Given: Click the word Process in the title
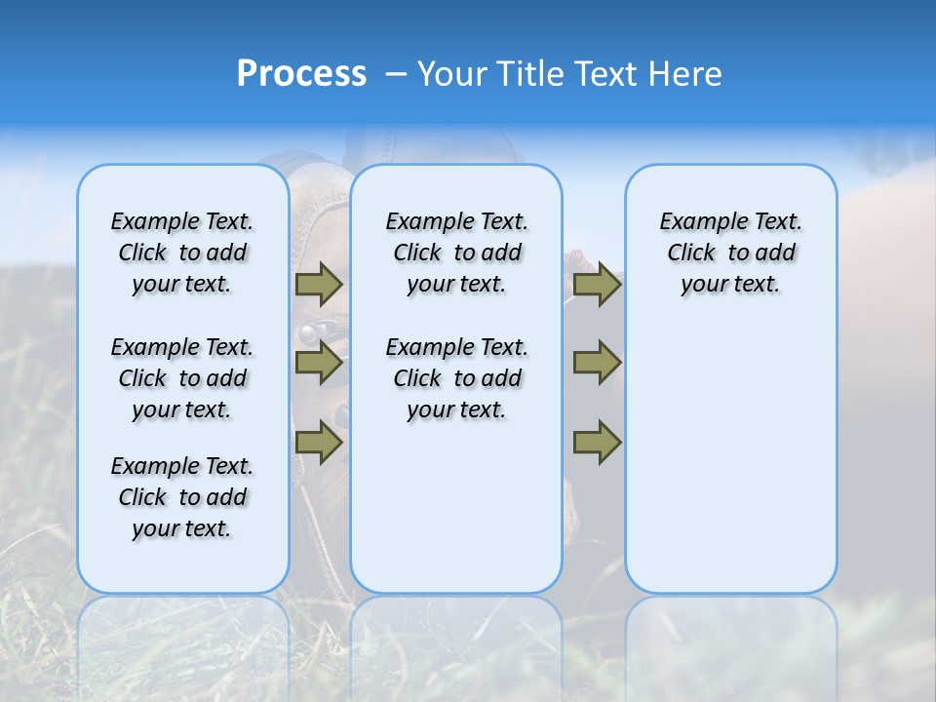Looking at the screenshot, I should tap(301, 74).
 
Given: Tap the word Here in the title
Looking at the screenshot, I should tap(684, 74).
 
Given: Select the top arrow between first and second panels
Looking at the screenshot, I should tap(319, 284).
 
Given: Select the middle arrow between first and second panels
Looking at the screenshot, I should tap(319, 364).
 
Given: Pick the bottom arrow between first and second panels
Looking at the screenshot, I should tap(319, 442).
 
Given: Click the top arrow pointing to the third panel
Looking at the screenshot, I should tap(597, 284).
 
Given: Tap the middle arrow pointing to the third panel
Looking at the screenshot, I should tap(597, 364).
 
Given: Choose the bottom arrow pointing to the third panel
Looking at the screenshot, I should tap(597, 442).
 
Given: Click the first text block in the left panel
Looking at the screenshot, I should tap(182, 253).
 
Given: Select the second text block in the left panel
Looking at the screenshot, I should tap(182, 378).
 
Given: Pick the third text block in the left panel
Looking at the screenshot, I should tap(182, 497).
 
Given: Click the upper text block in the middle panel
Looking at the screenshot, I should tap(456, 253).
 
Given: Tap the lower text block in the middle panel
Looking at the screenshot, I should tap(456, 378).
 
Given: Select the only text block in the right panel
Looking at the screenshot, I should tap(730, 253).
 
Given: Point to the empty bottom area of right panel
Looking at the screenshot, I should tap(730, 468).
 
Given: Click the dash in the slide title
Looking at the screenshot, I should tap(396, 74).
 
